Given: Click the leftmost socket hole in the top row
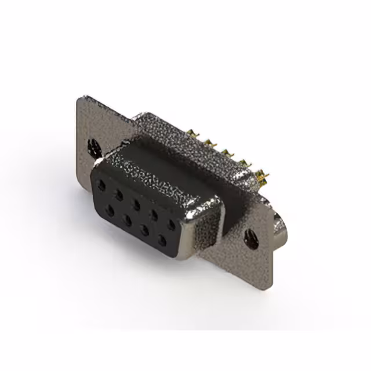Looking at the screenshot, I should coord(102,186).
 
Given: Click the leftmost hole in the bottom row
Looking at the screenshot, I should coord(110,211).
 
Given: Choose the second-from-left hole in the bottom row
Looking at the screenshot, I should coord(127,220).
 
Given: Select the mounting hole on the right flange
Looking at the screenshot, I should coord(252,238).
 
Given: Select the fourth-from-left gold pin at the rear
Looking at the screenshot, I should coord(244,162).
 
